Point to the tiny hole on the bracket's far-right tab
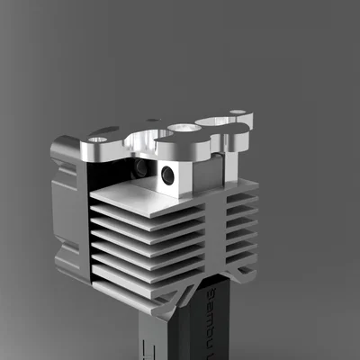237,113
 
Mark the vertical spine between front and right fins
214,243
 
